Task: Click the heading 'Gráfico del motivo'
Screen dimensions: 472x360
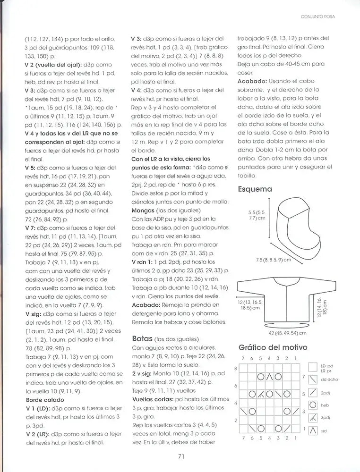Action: tap(273, 347)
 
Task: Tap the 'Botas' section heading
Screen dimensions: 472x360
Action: tap(142, 338)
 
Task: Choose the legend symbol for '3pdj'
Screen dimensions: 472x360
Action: tap(312, 418)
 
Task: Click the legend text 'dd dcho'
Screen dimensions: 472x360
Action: tap(329, 379)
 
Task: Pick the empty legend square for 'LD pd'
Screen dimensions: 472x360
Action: tap(312, 366)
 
